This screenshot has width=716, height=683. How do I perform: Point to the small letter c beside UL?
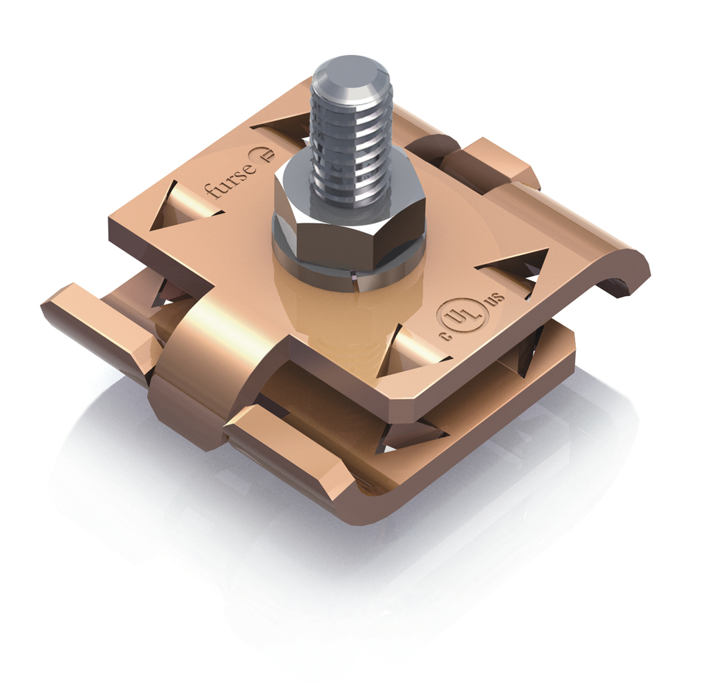446,337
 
